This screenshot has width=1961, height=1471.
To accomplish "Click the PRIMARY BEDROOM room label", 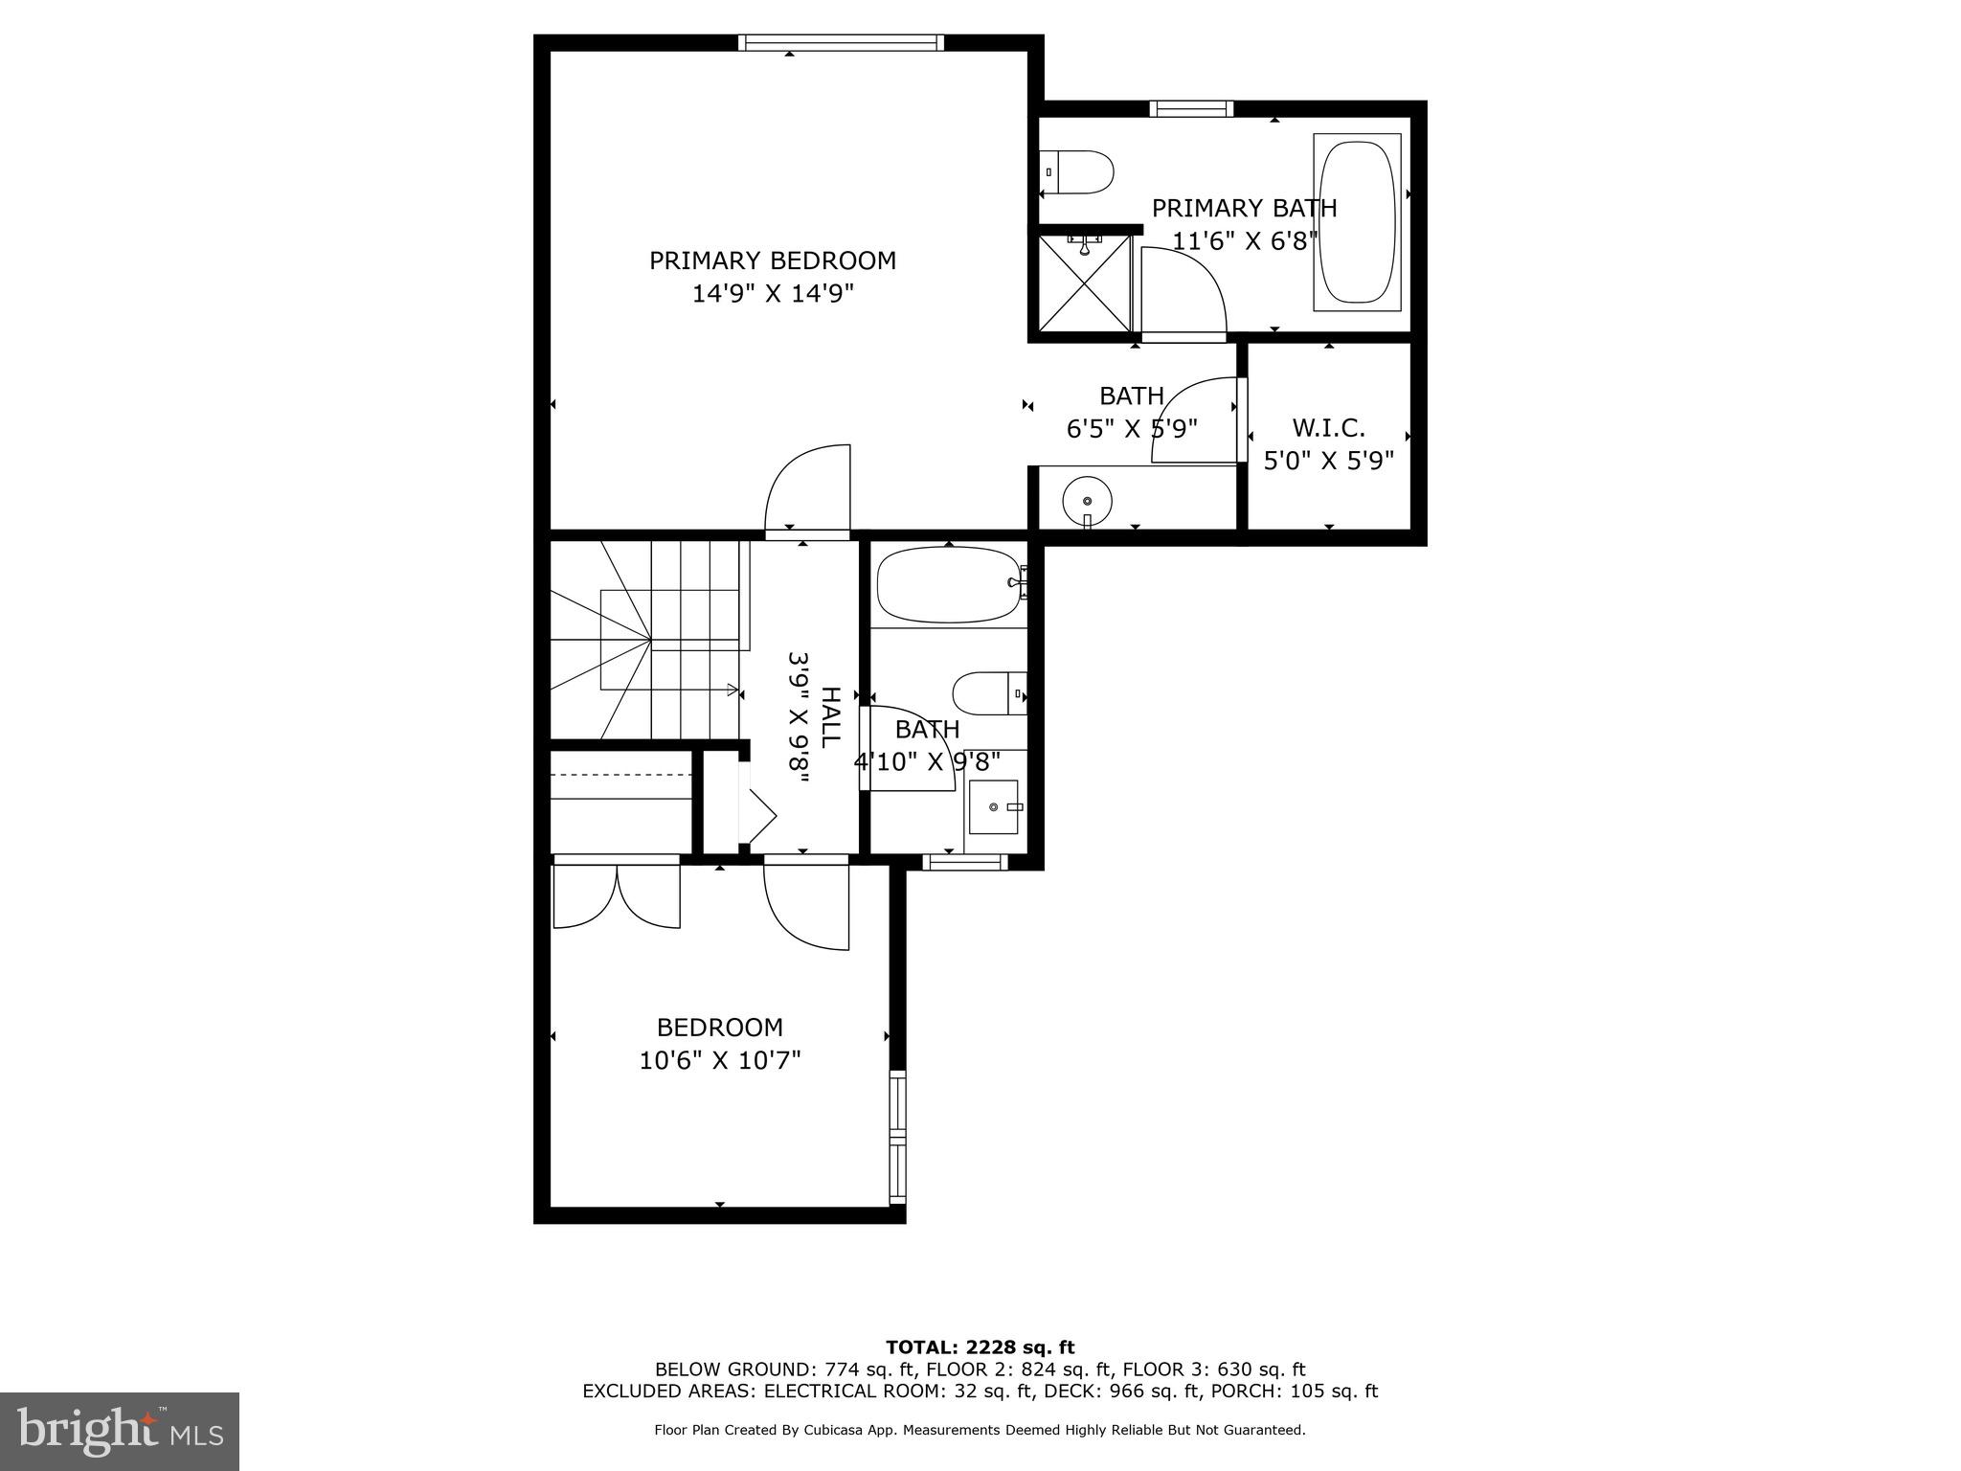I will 773,260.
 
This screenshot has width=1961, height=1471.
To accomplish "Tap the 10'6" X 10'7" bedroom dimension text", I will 719,1060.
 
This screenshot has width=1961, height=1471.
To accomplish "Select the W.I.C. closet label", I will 1328,427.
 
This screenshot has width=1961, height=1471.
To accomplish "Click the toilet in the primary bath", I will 1078,172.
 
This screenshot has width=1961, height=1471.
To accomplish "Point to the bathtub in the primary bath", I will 1357,222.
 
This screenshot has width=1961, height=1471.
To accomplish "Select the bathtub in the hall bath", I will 948,584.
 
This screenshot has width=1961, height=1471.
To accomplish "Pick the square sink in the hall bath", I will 994,806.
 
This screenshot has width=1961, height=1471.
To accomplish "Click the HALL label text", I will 830,716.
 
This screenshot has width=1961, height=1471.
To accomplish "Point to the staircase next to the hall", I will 646,640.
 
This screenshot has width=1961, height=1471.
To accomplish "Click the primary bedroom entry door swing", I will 809,488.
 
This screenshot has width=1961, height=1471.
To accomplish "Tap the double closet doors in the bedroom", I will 617,895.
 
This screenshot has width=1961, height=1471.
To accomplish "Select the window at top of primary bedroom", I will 841,42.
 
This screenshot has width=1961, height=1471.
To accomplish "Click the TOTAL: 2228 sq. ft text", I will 980,1348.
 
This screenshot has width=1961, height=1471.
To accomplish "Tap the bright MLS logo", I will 120,1432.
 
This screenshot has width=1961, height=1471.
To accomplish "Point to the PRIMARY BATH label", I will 1243,208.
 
